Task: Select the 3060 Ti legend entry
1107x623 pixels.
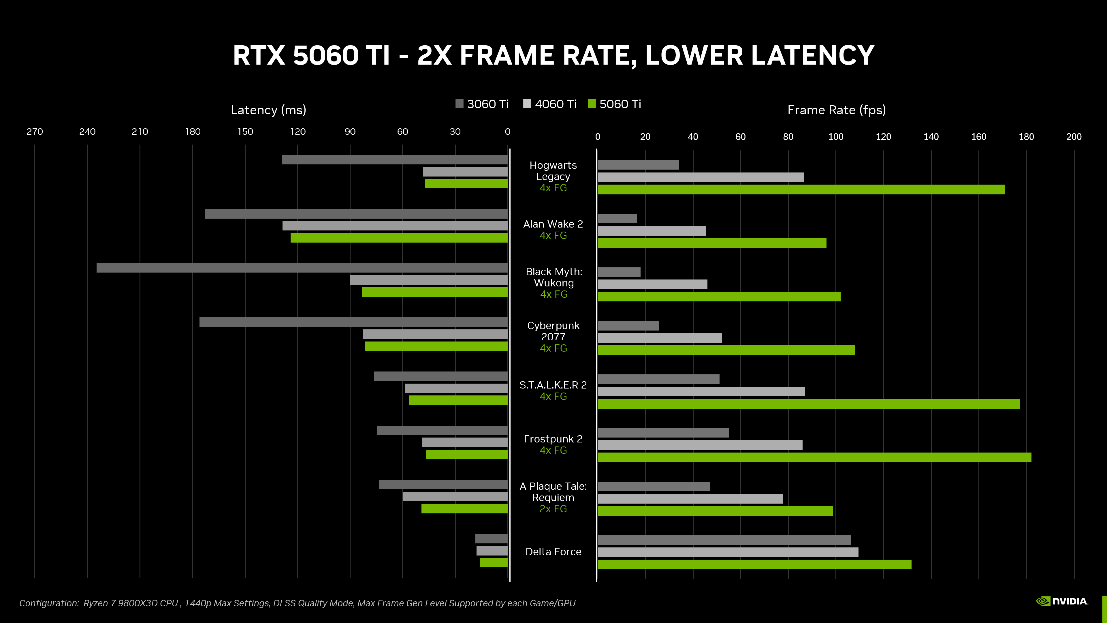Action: [x=482, y=104]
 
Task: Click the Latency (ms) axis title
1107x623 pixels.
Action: [x=268, y=110]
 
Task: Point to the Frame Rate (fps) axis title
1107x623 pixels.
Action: [x=836, y=110]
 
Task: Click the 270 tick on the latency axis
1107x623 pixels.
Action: [x=35, y=132]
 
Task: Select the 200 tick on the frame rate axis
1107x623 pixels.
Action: [x=1074, y=137]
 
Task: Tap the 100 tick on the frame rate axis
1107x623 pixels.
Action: [x=835, y=137]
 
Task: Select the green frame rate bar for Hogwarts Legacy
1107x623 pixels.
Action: [x=801, y=189]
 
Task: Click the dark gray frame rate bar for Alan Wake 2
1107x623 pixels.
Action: [x=617, y=218]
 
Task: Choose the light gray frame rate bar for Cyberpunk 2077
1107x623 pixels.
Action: [x=659, y=338]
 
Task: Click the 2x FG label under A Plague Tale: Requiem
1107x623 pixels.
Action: [x=553, y=509]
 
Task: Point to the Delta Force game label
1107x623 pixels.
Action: [x=553, y=552]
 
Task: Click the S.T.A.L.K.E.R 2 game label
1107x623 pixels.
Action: [x=553, y=385]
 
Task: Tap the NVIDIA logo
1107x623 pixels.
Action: [x=1061, y=601]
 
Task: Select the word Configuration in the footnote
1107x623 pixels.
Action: [x=48, y=603]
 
